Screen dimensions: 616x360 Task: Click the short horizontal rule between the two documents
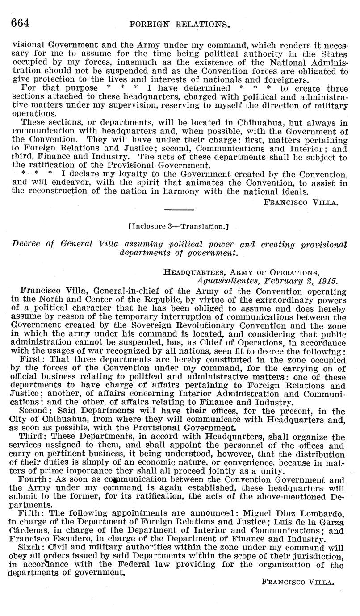coord(180,209)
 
